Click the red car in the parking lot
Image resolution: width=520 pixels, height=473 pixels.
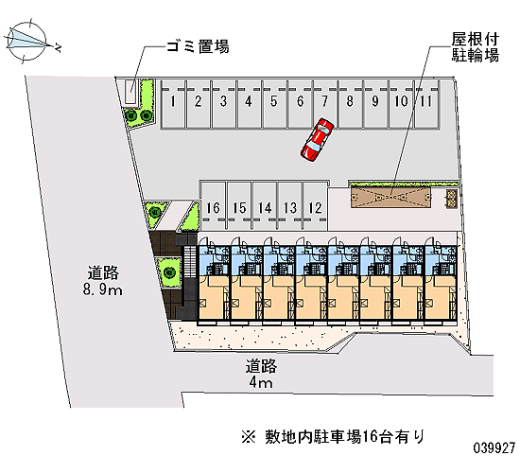coord(317,140)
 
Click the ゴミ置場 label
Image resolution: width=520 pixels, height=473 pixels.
coord(198,46)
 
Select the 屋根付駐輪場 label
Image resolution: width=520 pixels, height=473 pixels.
coord(475,47)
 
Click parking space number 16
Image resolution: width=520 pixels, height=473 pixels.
coord(214,206)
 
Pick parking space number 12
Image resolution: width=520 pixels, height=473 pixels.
coord(315,206)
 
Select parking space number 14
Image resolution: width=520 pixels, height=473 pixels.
coord(265,206)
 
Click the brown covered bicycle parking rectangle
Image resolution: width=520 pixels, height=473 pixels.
coord(391,198)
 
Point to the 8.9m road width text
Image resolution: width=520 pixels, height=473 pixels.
coord(103,289)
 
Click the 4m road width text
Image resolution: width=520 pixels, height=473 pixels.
coord(261,383)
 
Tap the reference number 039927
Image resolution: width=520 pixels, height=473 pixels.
coord(494,447)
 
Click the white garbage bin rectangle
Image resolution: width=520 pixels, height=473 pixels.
coord(130,92)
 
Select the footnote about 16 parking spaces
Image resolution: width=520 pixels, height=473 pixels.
coord(334,436)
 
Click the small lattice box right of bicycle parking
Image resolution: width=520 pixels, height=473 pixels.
coord(452,199)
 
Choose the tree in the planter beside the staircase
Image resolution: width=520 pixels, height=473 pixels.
coord(169,272)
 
